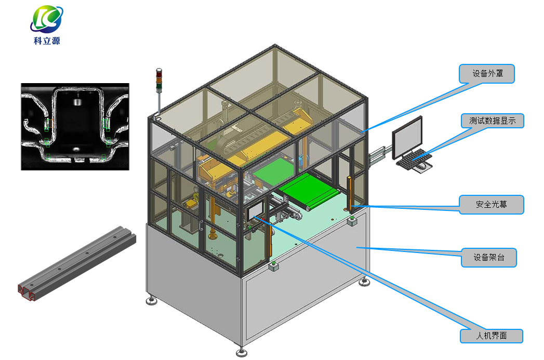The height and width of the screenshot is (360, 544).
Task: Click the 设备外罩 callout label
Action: pos(487,74)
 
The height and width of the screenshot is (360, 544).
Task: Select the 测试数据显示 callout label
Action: pos(492,121)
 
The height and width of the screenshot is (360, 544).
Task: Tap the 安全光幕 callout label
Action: pos(491,204)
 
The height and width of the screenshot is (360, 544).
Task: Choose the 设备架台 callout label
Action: pos(488,258)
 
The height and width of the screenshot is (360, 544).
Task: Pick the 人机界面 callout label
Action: pos(491,336)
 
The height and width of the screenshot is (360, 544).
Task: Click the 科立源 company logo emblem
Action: pos(47,19)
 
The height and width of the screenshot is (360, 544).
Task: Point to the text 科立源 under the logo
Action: pos(47,41)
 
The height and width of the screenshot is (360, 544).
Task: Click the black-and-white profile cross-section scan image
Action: pos(75,127)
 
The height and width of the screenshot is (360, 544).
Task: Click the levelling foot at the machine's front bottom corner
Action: pos(241,352)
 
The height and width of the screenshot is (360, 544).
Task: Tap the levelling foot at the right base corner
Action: pos(365,282)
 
